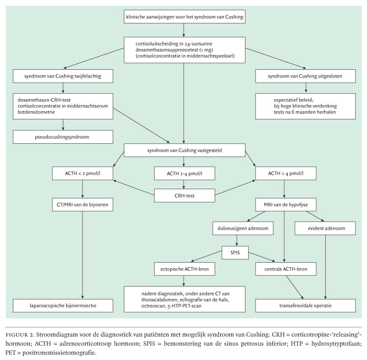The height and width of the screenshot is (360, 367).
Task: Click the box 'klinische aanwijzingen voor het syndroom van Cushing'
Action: pyautogui.click(x=184, y=18)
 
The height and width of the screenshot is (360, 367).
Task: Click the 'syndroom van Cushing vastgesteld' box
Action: pyautogui.click(x=184, y=150)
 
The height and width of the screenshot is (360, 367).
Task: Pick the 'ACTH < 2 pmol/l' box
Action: pyautogui.click(x=83, y=174)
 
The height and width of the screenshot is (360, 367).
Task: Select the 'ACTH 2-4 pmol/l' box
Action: pyautogui.click(x=184, y=174)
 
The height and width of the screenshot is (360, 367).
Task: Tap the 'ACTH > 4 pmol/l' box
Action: pyautogui.click(x=285, y=174)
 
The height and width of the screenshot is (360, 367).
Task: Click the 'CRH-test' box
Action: pyautogui.click(x=184, y=196)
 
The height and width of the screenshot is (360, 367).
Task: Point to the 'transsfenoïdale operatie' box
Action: pyautogui.click(x=305, y=304)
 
